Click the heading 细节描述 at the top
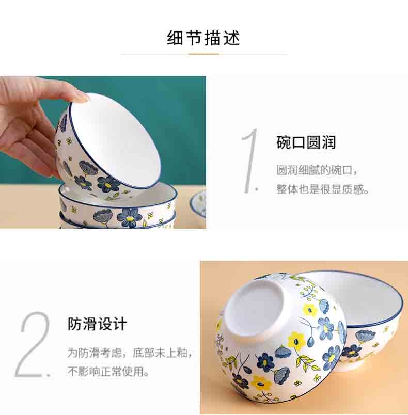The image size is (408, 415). coord(203,38)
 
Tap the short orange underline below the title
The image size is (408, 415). coord(203,54)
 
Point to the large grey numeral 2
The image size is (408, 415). coord(33,344)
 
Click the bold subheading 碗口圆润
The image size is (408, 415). coord(306,142)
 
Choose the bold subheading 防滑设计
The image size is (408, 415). coord(97,324)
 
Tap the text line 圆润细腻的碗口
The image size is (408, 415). coord(317,170)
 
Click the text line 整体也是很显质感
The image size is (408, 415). coord(322,189)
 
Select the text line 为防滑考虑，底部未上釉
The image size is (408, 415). coord(130,353)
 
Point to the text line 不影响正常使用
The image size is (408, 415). coord(108,371)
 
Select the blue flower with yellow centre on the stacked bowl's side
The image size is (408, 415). coord(130,218)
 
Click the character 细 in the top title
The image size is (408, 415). coord(175,38)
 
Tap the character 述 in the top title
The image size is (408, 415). coord(231,38)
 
